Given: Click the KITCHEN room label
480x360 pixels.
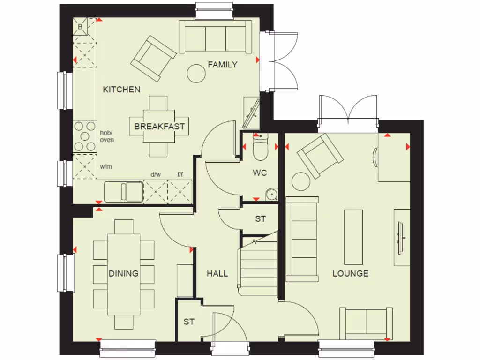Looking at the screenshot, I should tap(121, 89).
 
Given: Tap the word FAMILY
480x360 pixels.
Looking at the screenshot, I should tap(223, 65).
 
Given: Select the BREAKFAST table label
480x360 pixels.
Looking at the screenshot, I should tap(159, 126).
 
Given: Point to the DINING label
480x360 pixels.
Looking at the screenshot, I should tap(124, 273).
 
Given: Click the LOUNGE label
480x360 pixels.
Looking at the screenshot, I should tap(350, 273).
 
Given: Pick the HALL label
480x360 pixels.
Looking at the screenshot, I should tap(217, 273).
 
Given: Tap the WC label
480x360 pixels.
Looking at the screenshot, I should tap(260, 173).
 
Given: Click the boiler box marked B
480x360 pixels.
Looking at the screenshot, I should tap(80, 27).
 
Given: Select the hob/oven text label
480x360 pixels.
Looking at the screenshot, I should tap(107, 136).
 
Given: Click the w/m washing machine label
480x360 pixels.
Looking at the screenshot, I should tap(106, 166).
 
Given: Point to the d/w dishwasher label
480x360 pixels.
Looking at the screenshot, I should tap(156, 174).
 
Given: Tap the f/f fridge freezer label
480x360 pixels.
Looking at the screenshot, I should tap(180, 174).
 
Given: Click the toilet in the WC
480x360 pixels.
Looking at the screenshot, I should tap(259, 149).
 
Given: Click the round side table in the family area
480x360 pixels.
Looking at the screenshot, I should tap(195, 73).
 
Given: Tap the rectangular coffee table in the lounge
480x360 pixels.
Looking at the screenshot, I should tap(353, 237).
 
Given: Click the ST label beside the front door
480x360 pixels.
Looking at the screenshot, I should tap(189, 322).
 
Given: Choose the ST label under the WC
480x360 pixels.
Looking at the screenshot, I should tap(260, 219).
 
